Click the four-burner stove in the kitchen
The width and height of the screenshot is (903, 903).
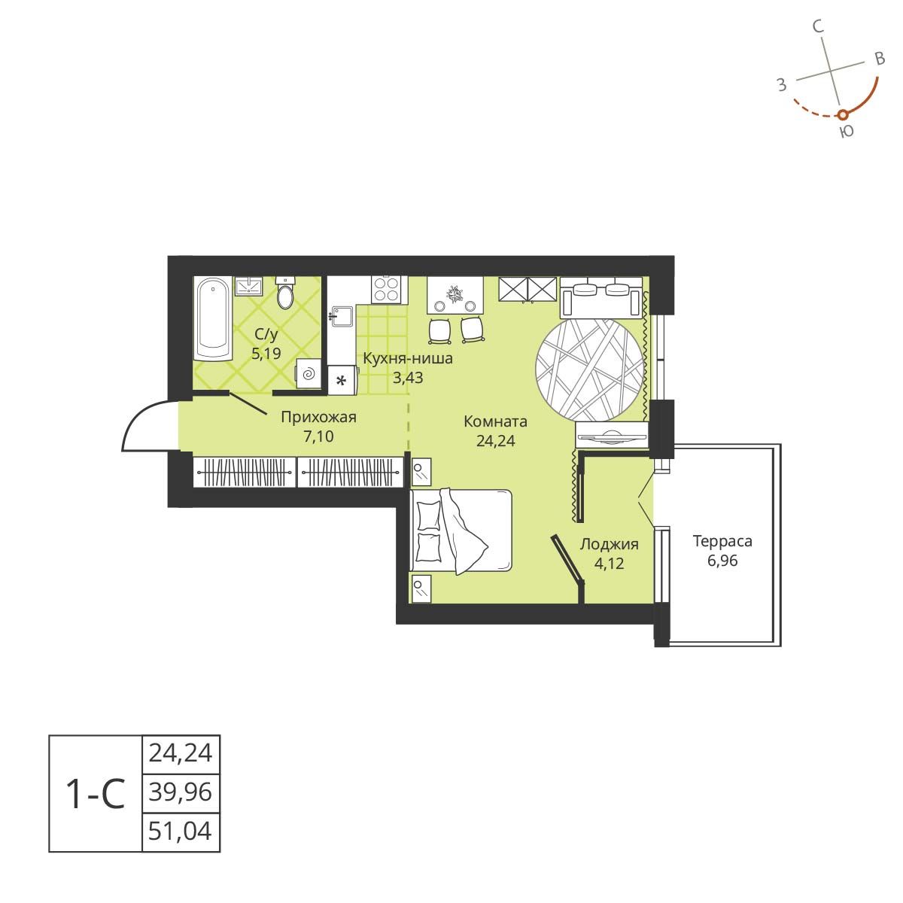click(387, 288)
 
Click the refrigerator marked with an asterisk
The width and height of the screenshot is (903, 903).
click(341, 380)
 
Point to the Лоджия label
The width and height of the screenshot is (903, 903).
click(609, 545)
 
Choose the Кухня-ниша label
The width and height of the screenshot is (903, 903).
click(408, 358)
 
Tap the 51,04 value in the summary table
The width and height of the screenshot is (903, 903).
click(181, 832)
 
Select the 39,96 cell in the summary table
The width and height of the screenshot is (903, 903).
click(181, 792)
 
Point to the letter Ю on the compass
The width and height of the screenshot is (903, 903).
click(846, 132)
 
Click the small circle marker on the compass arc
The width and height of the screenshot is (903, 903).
click(843, 114)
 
